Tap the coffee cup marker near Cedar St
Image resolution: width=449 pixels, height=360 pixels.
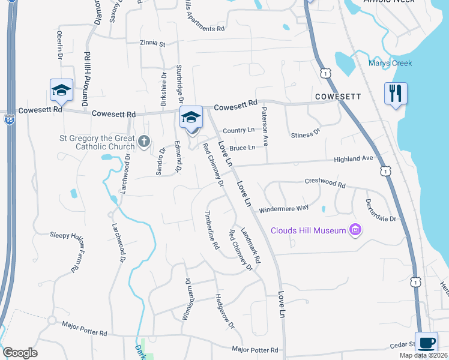tap(427, 343)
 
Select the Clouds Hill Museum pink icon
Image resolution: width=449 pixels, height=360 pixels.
tap(355, 230)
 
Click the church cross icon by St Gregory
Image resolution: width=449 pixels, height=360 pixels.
tap(143, 142)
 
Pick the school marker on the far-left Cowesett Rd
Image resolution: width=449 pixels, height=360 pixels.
tap(61, 91)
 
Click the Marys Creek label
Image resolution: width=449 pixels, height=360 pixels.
tap(391, 64)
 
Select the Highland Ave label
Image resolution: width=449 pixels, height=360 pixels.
tap(354, 158)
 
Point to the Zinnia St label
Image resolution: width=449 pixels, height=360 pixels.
tap(152, 43)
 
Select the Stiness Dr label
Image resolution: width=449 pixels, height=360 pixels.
tap(306, 132)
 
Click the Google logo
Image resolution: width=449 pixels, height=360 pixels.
tap(20, 353)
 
